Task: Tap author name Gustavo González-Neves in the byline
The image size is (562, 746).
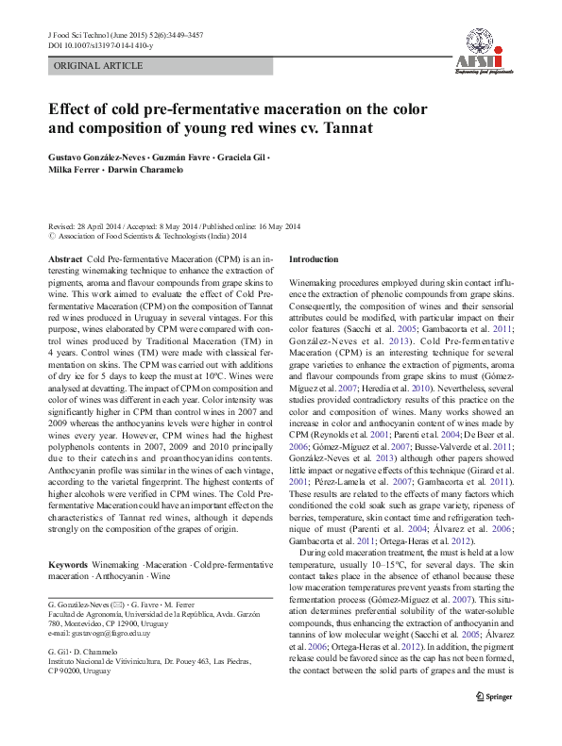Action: (94, 155)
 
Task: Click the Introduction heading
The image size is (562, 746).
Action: (313, 258)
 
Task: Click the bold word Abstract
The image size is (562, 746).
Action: (64, 258)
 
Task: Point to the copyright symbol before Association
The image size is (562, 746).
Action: (50, 238)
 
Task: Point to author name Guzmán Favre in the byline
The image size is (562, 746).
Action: (180, 155)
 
